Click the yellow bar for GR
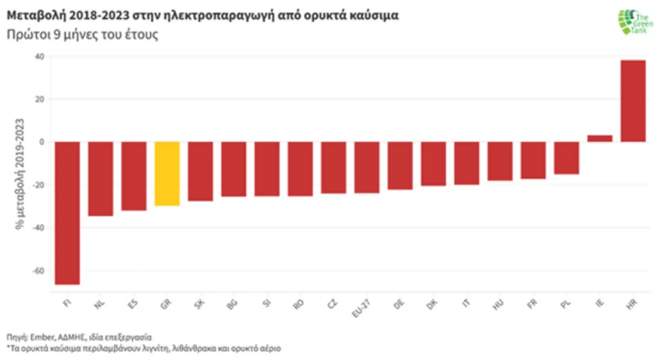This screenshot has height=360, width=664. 167,174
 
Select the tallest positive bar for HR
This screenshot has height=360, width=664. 632,100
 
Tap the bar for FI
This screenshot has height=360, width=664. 68,213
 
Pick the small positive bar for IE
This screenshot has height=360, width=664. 599,138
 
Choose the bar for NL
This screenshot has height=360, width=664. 100,178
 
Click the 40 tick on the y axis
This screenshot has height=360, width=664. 38,56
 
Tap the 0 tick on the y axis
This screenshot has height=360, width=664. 41,142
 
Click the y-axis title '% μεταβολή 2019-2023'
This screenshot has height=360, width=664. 17,172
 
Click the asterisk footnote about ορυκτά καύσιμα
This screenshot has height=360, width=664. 134,346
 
